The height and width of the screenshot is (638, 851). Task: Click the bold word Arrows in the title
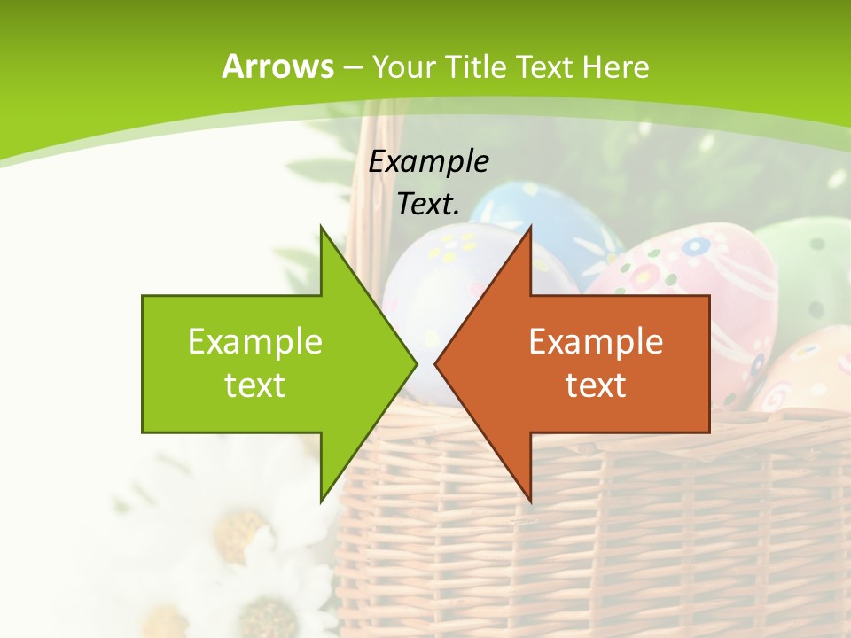tap(277, 66)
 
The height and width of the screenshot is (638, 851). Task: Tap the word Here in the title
tap(614, 66)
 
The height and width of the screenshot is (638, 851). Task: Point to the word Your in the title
tap(404, 66)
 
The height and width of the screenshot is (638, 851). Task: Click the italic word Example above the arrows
tap(428, 161)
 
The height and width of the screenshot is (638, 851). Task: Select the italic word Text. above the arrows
tap(428, 204)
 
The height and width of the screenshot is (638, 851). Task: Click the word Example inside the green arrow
tap(255, 341)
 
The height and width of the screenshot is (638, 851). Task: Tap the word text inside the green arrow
tap(255, 385)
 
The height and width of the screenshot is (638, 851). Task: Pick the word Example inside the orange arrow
tap(596, 341)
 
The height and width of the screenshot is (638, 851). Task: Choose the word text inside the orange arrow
tap(596, 385)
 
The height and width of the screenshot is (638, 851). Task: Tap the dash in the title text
tap(352, 66)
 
